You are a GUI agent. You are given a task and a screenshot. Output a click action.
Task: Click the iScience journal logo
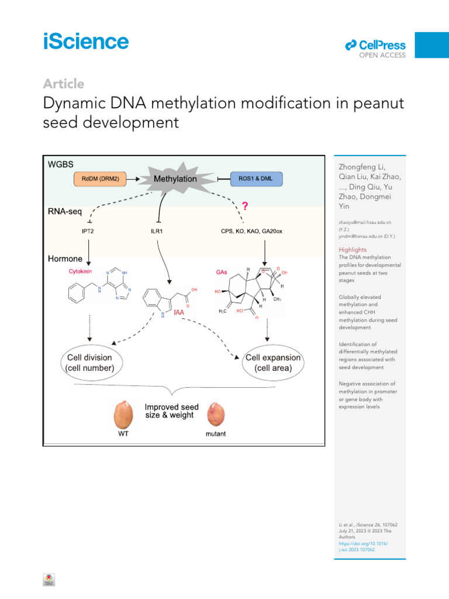(x=85, y=42)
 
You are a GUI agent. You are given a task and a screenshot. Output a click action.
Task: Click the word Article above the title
(x=63, y=84)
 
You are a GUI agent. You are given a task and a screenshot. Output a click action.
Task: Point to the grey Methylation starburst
(x=175, y=178)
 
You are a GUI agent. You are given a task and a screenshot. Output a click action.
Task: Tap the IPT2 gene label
(x=88, y=232)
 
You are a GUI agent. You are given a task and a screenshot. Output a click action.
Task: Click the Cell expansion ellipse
(x=273, y=363)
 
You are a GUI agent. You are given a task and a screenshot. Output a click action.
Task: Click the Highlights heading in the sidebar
(x=353, y=250)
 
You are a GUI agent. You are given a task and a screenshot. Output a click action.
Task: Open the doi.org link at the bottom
(x=358, y=547)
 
